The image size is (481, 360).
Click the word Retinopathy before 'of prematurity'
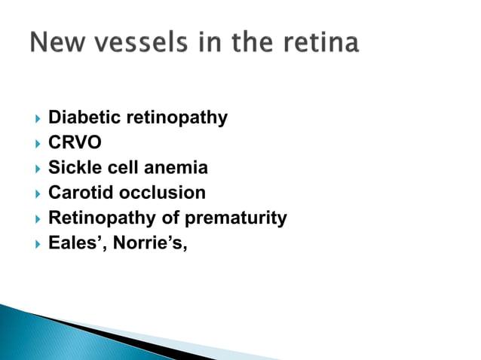99,218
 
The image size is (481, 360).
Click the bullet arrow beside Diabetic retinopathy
33,118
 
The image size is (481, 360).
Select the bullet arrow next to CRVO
33,143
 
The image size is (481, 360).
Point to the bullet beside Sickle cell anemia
33,168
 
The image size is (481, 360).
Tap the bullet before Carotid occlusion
33,194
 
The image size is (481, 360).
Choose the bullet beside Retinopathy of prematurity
33,219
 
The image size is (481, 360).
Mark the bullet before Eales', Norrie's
33,244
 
